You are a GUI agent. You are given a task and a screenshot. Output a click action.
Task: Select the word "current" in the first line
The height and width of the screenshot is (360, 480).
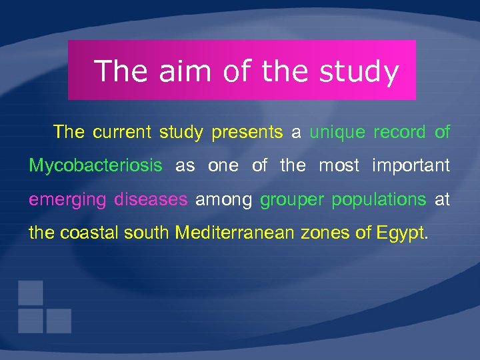(x=122, y=132)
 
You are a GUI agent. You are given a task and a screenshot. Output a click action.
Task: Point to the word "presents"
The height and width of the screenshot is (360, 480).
(x=247, y=132)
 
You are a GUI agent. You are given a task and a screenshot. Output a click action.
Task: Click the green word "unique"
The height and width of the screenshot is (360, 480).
(x=337, y=132)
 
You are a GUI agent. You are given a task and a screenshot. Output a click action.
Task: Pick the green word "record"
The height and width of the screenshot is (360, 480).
(x=399, y=132)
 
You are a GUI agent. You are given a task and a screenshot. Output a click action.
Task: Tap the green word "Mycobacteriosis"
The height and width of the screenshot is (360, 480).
(x=95, y=165)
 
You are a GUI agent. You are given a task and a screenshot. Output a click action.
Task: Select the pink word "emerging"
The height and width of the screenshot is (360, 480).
(x=67, y=199)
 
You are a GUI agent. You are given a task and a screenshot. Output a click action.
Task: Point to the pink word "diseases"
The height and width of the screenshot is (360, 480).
(x=151, y=199)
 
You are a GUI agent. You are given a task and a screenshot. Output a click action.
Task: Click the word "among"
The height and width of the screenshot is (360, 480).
(x=223, y=199)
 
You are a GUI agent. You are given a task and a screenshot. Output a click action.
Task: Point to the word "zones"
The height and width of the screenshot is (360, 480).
(x=317, y=233)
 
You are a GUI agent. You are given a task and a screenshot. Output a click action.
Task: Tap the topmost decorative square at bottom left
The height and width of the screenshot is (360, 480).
(x=31, y=293)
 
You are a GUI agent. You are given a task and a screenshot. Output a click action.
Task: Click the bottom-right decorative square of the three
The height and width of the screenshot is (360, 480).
(x=59, y=321)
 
